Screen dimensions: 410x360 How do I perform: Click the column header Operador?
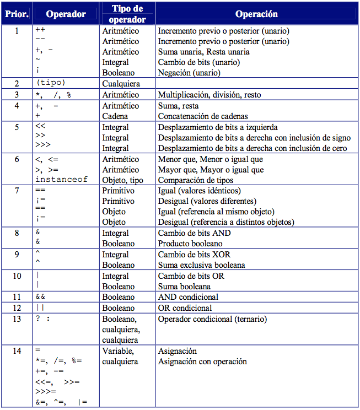[x=66, y=14]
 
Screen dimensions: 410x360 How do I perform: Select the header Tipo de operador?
[x=127, y=14]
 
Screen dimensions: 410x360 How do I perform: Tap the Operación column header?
[x=256, y=14]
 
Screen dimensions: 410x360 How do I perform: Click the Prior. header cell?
[x=17, y=14]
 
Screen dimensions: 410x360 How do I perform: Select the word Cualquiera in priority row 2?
[x=122, y=84]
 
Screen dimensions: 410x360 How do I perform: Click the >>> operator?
[x=41, y=148]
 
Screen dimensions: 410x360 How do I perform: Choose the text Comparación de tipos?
[x=195, y=180]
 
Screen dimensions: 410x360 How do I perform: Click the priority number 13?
[x=17, y=319]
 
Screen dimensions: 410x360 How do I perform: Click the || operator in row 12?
[x=40, y=308]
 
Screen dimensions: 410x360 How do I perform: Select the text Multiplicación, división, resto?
[x=209, y=95]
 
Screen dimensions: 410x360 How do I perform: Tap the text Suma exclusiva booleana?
[x=202, y=265]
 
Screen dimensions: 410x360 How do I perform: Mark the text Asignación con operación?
[x=202, y=362]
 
